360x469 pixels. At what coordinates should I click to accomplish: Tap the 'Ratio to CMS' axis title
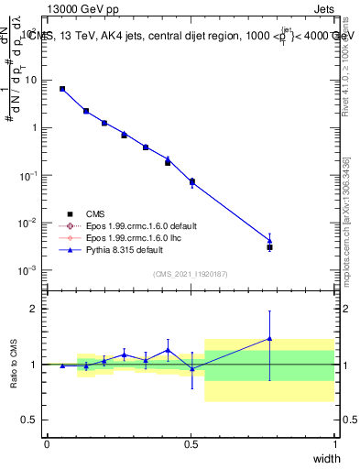pos(13,364)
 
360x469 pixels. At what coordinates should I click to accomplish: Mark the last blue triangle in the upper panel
pos(269,241)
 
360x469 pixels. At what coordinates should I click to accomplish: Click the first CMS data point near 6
pos(62,89)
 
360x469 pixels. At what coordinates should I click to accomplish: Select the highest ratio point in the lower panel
pos(269,338)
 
